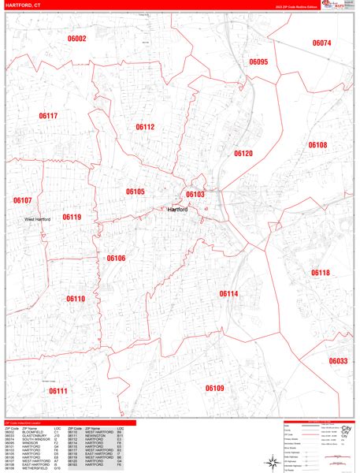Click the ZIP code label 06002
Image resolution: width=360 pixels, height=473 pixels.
[77, 39]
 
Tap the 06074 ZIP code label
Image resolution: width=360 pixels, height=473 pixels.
[321, 43]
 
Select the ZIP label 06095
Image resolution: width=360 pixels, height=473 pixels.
[258, 61]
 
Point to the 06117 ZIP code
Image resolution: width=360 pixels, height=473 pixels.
[48, 116]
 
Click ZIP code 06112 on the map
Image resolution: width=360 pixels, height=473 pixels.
[145, 127]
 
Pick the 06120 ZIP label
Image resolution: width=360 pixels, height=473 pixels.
[243, 154]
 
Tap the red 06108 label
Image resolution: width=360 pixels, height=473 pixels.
[317, 145]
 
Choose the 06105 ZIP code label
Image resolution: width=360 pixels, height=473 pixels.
[135, 192]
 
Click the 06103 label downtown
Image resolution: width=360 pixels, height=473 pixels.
[195, 194]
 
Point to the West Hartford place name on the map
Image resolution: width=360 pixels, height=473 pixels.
[37, 219]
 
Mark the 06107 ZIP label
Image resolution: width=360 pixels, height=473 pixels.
[22, 200]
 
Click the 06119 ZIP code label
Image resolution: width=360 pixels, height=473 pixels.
[72, 217]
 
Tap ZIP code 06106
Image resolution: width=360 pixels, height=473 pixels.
[116, 258]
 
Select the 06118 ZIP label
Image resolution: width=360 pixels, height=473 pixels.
[320, 273]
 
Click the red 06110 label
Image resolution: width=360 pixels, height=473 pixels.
[76, 299]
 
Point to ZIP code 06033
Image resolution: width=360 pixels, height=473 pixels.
[338, 360]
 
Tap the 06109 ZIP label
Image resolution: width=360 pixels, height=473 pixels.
[215, 388]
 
